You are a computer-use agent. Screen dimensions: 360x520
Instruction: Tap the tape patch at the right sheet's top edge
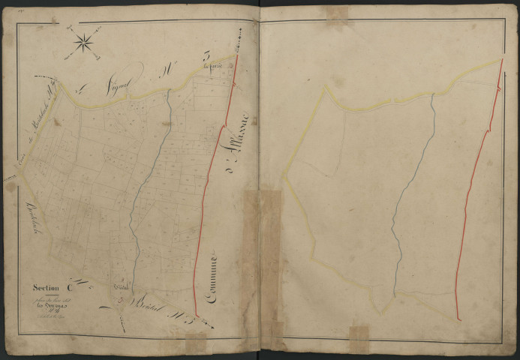point(335,13)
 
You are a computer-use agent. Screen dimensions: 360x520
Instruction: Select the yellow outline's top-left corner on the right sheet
point(326,87)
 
